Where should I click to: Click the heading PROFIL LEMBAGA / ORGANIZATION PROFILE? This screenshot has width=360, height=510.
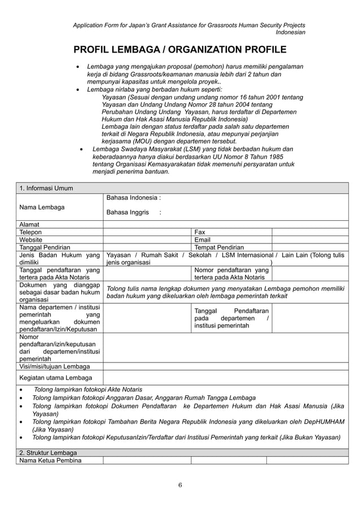(179, 50)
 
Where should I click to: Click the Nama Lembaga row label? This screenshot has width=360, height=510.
(42, 207)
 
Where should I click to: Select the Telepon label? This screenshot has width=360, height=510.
(30, 232)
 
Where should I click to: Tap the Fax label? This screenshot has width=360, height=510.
(200, 232)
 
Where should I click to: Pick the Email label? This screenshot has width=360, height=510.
(202, 239)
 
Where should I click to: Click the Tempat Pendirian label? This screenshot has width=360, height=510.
(219, 247)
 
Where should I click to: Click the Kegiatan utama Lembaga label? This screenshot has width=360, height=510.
(55, 377)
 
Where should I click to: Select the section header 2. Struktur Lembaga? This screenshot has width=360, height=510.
(48, 452)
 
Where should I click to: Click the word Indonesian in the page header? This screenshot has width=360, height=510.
(291, 32)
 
